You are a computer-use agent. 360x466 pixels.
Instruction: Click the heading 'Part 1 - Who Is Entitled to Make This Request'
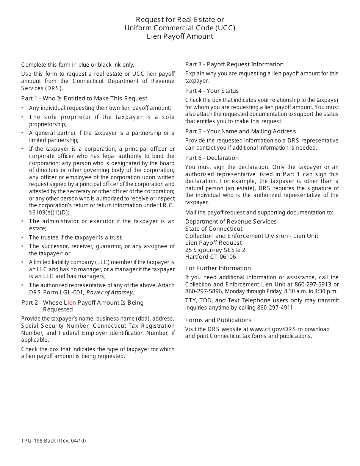pyautogui.click(x=84, y=99)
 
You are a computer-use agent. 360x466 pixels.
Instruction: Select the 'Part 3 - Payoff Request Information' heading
pyautogui.click(x=234, y=64)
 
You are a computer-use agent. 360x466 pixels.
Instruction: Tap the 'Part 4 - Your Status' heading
pyautogui.click(x=212, y=91)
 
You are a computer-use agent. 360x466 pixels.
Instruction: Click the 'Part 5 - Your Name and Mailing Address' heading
pyautogui.click(x=240, y=131)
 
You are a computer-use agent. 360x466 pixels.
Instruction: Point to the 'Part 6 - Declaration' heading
pyautogui.click(x=212, y=158)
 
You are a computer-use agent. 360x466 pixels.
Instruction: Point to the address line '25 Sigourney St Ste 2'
pyautogui.click(x=215, y=250)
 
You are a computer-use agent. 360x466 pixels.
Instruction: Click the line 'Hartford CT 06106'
pyautogui.click(x=210, y=257)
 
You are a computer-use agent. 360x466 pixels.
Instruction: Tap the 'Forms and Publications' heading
pyautogui.click(x=218, y=320)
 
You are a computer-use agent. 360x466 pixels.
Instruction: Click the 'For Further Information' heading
pyautogui.click(x=218, y=268)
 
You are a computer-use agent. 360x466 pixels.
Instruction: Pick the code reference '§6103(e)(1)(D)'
pyautogui.click(x=49, y=213)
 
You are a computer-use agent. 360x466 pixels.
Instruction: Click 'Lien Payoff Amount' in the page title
pyautogui.click(x=180, y=36)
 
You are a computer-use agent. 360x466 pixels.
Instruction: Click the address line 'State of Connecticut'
pyautogui.click(x=214, y=229)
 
